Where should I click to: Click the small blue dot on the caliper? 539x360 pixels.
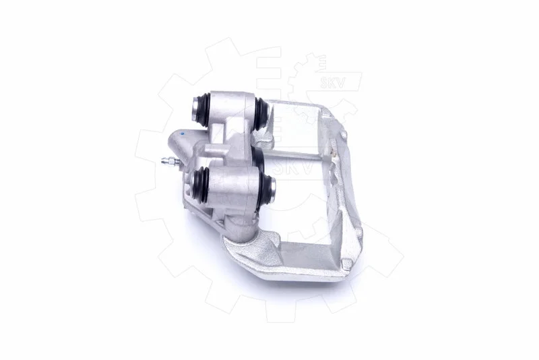coord(183,133)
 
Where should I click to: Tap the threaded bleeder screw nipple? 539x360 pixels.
coord(169,160)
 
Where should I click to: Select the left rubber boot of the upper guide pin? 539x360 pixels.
coord(201,109)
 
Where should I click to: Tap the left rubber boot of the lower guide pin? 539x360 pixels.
coord(201,186)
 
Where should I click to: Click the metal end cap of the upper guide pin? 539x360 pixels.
coord(195,107)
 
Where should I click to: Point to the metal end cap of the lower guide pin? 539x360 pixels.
coord(272,190)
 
